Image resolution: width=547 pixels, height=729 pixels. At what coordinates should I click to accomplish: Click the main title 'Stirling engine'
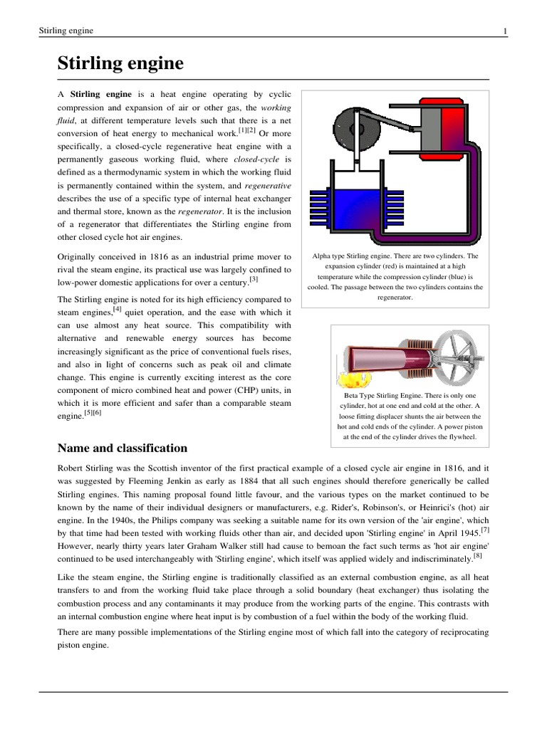tap(120, 64)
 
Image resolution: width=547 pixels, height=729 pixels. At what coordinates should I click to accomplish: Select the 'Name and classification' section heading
tap(122, 448)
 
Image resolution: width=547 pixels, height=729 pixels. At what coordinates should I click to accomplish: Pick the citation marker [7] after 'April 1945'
tap(484, 530)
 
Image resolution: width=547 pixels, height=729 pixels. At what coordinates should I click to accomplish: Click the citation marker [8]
tap(476, 557)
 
